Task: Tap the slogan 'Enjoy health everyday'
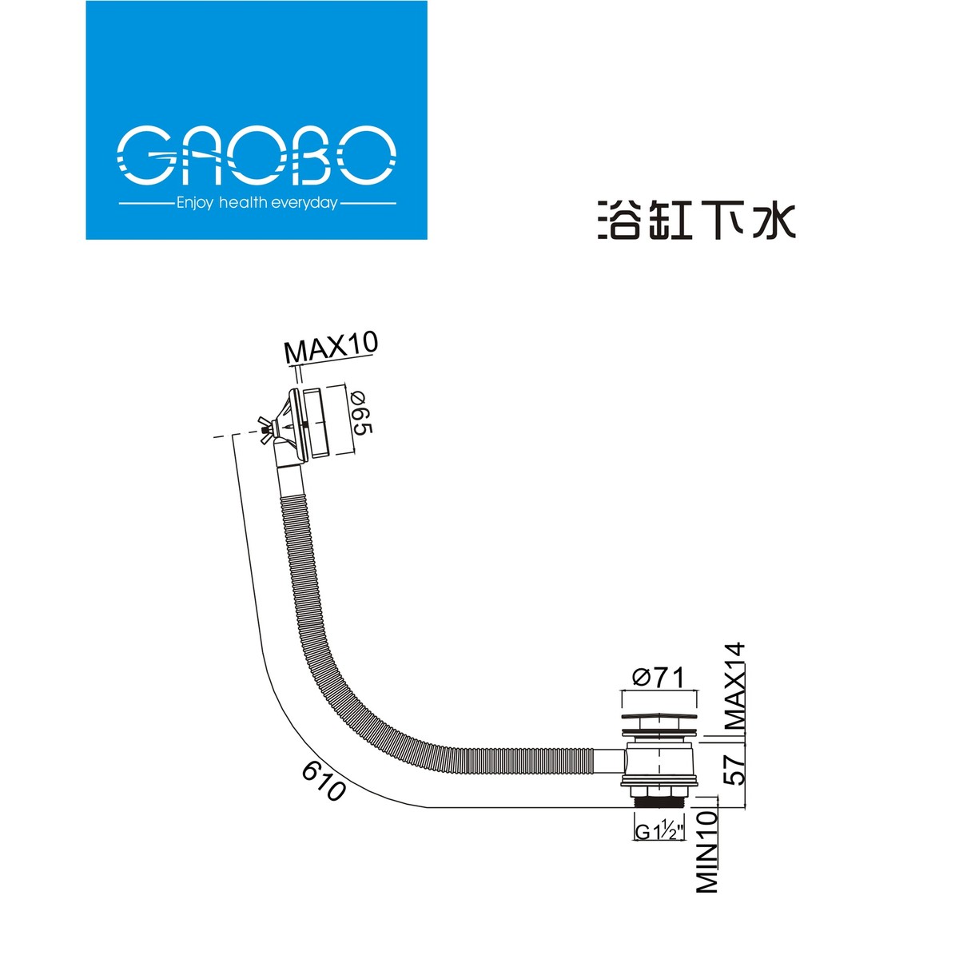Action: tap(257, 204)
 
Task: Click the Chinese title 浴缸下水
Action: tap(696, 220)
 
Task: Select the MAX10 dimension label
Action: tap(331, 348)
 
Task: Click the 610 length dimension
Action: tap(323, 781)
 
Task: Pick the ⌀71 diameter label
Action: tap(659, 678)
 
